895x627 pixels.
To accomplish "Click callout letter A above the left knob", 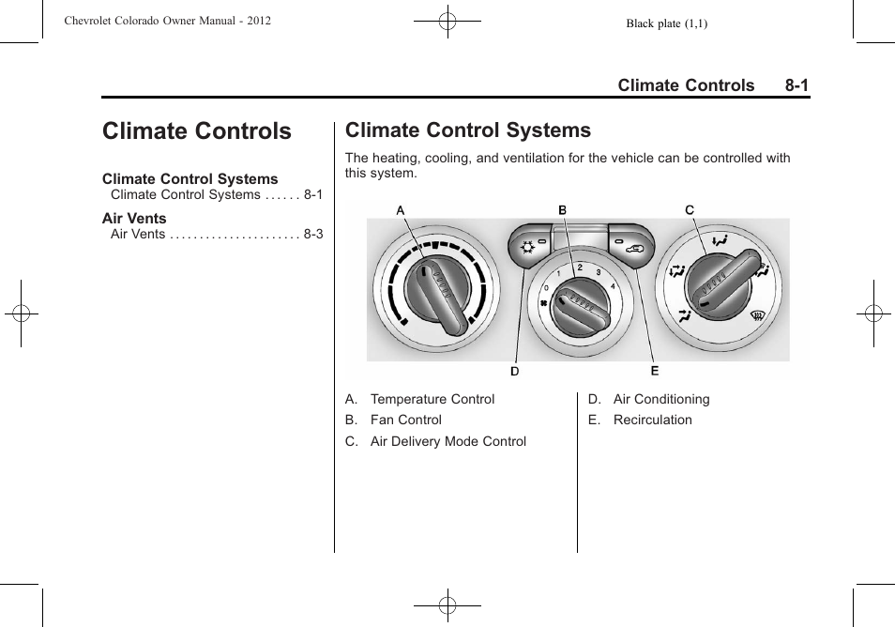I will point(401,211).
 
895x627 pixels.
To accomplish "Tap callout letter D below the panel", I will point(515,371).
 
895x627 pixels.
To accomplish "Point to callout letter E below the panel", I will point(655,371).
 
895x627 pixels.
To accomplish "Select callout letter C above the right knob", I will point(690,210).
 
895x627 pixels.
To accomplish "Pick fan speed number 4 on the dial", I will point(614,285).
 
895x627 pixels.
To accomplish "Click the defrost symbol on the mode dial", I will point(756,316).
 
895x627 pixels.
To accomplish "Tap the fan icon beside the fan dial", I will point(543,303).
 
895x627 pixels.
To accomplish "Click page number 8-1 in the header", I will point(796,85).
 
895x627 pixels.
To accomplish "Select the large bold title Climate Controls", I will point(197,131).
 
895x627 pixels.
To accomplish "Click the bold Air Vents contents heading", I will point(134,219).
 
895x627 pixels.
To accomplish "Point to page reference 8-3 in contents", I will point(313,235).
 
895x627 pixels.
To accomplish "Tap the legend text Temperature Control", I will point(432,399).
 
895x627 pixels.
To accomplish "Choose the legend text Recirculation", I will point(653,420).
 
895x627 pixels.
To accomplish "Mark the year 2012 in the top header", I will point(255,20).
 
